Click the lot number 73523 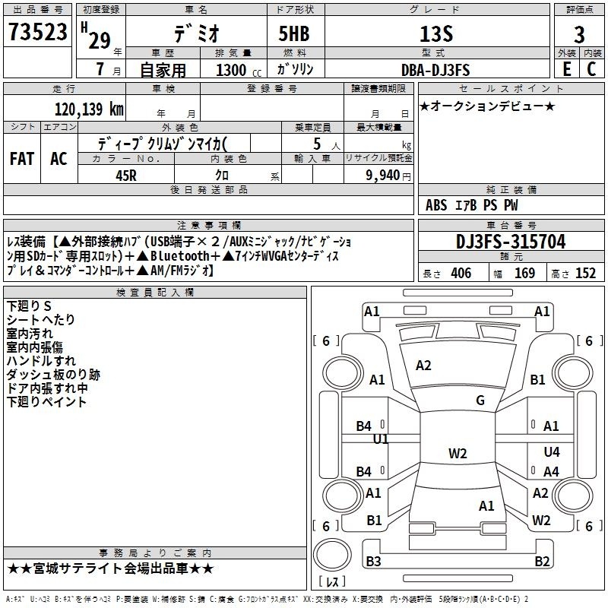pos(37,31)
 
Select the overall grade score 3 pos(579,34)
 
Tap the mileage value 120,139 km pos(89,109)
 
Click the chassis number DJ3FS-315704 pos(511,242)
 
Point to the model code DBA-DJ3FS pos(435,70)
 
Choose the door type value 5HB pos(294,33)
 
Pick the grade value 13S pos(436,34)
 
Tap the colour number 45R pos(126,176)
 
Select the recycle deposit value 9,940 pos(383,176)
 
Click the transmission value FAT pos(22,159)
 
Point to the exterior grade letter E pos(566,69)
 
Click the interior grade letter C pos(591,69)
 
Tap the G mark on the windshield pos(480,401)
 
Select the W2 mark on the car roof pos(458,453)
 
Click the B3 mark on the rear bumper pos(373,561)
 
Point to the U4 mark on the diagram pos(552,451)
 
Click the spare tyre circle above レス pos(332,555)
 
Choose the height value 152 pos(585,274)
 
